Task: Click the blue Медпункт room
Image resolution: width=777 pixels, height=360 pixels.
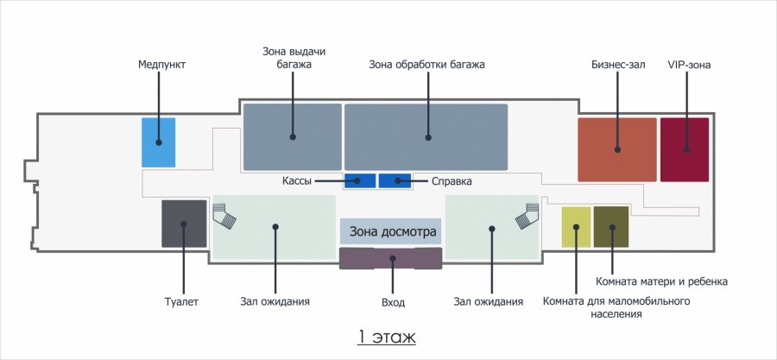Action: (158, 142)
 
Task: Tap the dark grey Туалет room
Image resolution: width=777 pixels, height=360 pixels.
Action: (184, 224)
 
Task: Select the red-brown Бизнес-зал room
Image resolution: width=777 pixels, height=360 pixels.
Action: (617, 149)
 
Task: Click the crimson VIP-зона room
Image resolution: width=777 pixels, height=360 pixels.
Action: (685, 149)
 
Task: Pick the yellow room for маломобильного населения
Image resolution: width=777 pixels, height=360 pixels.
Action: (576, 227)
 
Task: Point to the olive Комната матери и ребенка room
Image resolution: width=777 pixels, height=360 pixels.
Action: (610, 227)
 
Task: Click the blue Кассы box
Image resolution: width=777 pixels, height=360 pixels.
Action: (359, 180)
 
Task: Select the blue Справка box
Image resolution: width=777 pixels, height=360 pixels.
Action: (395, 180)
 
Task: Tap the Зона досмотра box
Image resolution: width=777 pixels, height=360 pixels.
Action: (390, 231)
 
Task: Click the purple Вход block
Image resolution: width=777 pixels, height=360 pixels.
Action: (390, 257)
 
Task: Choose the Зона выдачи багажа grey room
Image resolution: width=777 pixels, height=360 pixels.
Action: (292, 136)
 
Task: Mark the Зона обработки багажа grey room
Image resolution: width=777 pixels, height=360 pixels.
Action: (426, 136)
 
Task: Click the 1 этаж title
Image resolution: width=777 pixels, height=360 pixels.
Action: (388, 336)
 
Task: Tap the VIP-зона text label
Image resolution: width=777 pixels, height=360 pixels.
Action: (689, 65)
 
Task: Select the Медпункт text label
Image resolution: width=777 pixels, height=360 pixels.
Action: (161, 65)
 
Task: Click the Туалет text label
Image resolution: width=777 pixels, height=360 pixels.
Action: (182, 301)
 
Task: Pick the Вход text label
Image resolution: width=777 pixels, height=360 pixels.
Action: (392, 302)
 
